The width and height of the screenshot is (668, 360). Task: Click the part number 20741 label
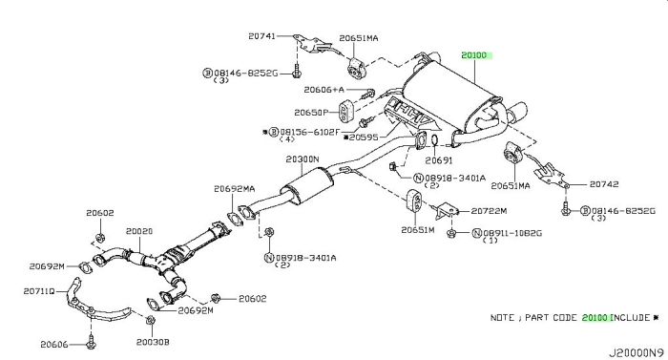pos(261,36)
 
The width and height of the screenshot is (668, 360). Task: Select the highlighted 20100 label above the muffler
pos(473,55)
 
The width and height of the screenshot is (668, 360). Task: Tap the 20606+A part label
pos(324,90)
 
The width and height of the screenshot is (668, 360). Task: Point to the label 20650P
pos(311,113)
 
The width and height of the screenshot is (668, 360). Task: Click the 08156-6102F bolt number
pos(310,132)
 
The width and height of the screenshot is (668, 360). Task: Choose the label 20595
pos(364,138)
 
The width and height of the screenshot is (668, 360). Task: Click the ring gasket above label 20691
pos(434,140)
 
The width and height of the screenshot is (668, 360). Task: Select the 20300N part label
pos(303,159)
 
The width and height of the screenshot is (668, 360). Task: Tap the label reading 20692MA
pos(235,188)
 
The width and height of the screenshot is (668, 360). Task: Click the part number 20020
pos(139,231)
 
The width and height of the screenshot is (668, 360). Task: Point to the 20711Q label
pos(39,291)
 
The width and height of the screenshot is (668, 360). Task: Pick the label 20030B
pos(153,342)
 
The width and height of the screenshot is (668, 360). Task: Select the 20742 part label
pos(604,184)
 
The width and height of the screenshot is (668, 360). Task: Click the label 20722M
pos(489,211)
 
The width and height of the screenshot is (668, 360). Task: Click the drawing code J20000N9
pos(637,353)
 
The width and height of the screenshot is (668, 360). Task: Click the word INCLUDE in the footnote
pos(631,318)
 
